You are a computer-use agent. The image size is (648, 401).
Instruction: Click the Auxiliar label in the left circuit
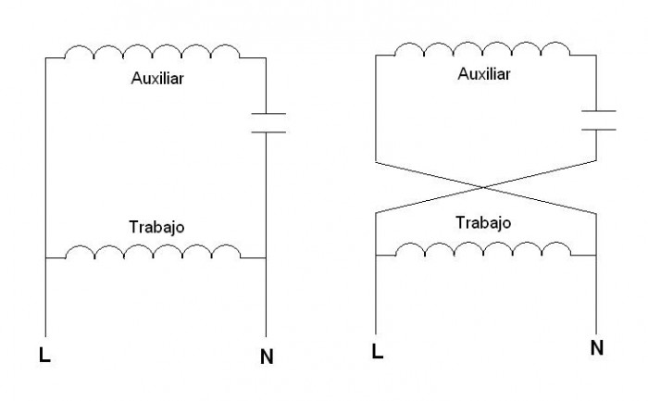coord(157,78)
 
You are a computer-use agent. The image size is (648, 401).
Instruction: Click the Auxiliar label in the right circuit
coord(484,74)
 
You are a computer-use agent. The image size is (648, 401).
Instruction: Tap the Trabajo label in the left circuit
coord(156,227)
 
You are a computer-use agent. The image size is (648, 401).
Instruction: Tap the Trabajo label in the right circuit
coord(483,223)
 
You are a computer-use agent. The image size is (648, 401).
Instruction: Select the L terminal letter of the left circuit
coord(44,355)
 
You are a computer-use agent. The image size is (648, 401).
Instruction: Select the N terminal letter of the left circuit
coord(267,357)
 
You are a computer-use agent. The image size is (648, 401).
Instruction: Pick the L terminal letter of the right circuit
coord(378,351)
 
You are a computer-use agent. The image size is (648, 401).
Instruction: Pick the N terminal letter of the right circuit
coord(597,347)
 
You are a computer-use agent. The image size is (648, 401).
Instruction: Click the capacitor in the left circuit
coord(268,123)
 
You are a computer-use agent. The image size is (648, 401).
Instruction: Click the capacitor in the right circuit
coord(598,120)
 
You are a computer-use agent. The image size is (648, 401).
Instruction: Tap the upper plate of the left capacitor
coord(268,113)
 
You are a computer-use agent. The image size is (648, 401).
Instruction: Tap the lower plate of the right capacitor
coord(598,130)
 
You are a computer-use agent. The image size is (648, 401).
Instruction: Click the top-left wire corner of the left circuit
coord(45,57)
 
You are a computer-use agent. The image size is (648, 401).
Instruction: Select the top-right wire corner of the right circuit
coord(596,56)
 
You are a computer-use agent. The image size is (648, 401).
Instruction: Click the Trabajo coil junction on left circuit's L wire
coord(45,258)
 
